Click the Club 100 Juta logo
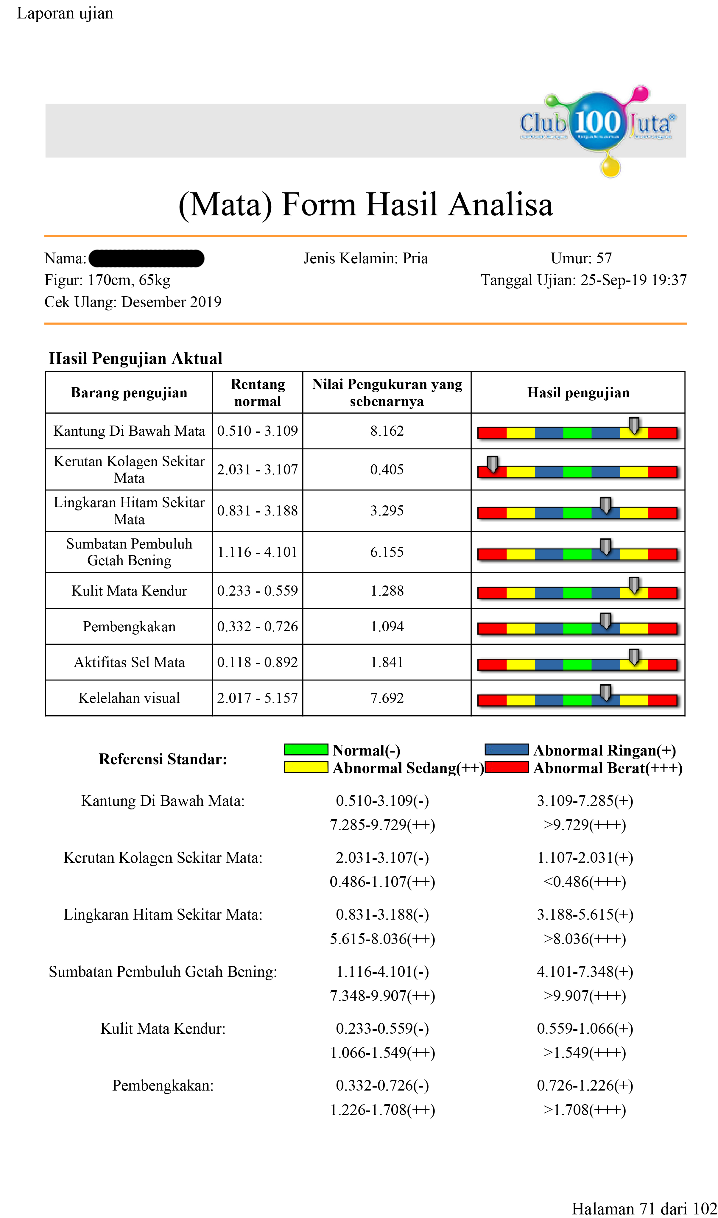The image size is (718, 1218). coord(597,127)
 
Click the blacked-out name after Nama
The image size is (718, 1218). coord(146,258)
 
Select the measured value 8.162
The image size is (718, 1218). coord(387,431)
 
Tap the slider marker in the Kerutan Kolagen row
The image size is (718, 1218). coord(493,464)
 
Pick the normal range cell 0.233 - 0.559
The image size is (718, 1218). coord(257,591)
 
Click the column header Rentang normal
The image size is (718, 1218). coord(257,392)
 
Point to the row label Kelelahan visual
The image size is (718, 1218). coord(129,698)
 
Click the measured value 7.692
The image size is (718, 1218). coord(387,698)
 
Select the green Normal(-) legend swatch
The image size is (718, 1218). coord(306,749)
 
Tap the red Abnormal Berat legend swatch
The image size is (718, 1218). coord(507,767)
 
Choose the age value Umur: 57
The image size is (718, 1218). coord(581,258)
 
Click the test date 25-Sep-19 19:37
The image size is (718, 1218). coord(633,280)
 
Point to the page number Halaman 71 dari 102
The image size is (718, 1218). coord(644,1208)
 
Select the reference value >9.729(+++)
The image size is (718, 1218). coord(585,825)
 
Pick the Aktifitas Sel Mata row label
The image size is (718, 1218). coord(129,662)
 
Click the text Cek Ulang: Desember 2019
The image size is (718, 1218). coord(133,302)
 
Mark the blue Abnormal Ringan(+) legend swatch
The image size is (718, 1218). coord(507,749)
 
